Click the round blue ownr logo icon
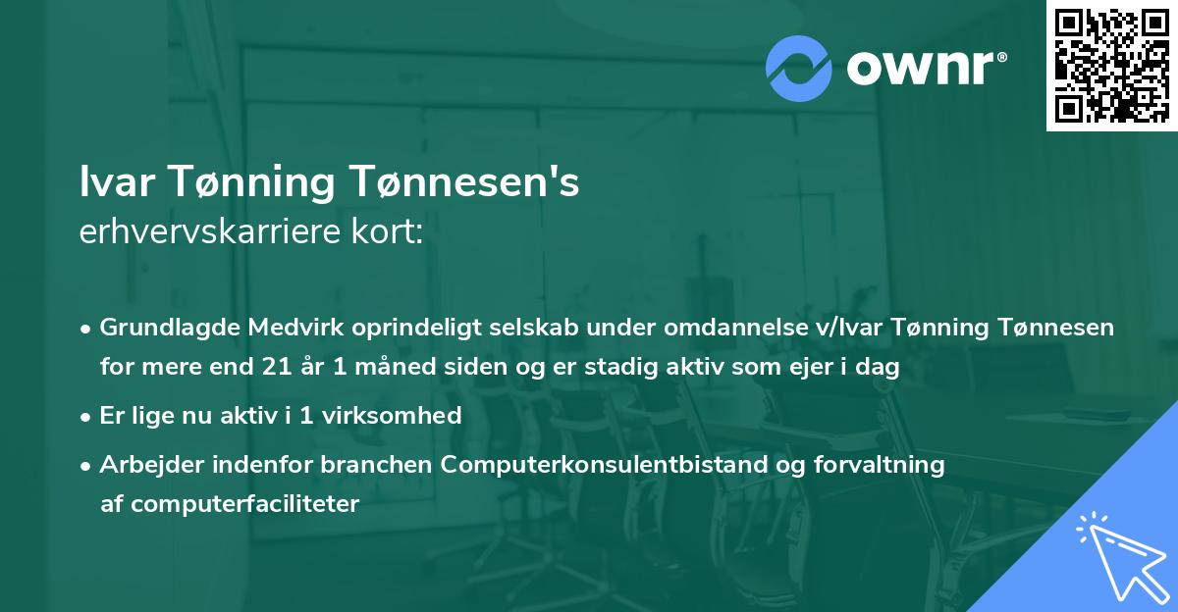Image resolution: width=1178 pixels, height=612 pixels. click(799, 68)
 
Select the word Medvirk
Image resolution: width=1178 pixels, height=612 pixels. click(283, 327)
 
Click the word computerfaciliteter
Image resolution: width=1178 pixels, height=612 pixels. click(230, 504)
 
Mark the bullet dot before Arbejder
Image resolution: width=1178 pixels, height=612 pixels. click(87, 465)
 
